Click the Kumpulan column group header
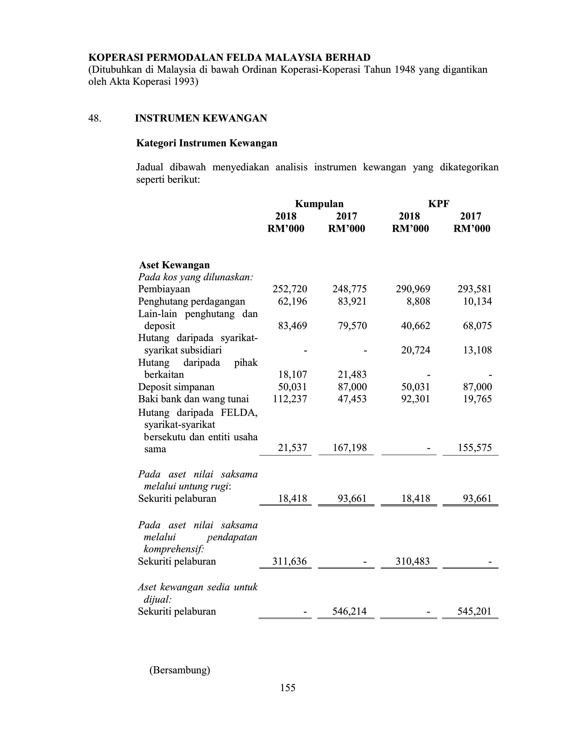pyautogui.click(x=319, y=204)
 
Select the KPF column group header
pyautogui.click(x=438, y=204)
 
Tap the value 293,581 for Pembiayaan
pyautogui.click(x=474, y=289)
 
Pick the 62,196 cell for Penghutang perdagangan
pyautogui.click(x=292, y=301)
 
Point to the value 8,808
pyautogui.click(x=418, y=301)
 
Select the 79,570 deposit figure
pyautogui.click(x=350, y=326)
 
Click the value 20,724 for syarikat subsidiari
pyautogui.click(x=415, y=350)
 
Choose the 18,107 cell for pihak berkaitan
pyautogui.click(x=292, y=374)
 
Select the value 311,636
pyautogui.click(x=289, y=561)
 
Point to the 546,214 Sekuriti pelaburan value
pyautogui.click(x=349, y=611)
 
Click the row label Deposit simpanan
pyautogui.click(x=176, y=387)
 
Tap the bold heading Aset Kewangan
pyautogui.click(x=174, y=265)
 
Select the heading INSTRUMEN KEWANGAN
pyautogui.click(x=201, y=119)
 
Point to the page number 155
pyautogui.click(x=287, y=688)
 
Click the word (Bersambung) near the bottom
pyautogui.click(x=180, y=670)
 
